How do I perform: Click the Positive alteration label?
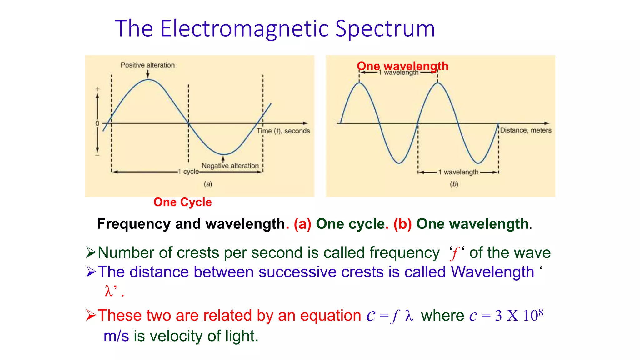147,65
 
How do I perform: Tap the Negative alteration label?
230,166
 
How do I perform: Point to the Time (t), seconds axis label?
283,131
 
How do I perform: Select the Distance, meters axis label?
526,130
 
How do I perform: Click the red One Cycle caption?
182,202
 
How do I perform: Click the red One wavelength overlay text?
402,66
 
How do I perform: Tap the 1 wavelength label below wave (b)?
458,172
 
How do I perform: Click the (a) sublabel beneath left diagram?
208,184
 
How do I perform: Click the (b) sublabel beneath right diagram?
454,184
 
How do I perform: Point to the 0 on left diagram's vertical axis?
97,123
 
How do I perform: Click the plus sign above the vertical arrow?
97,89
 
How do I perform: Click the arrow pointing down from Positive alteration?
148,74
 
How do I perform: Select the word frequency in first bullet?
404,252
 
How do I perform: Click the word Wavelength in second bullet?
492,272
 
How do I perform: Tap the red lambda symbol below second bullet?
108,291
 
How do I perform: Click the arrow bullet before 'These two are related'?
91,315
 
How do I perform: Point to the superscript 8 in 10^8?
541,312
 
